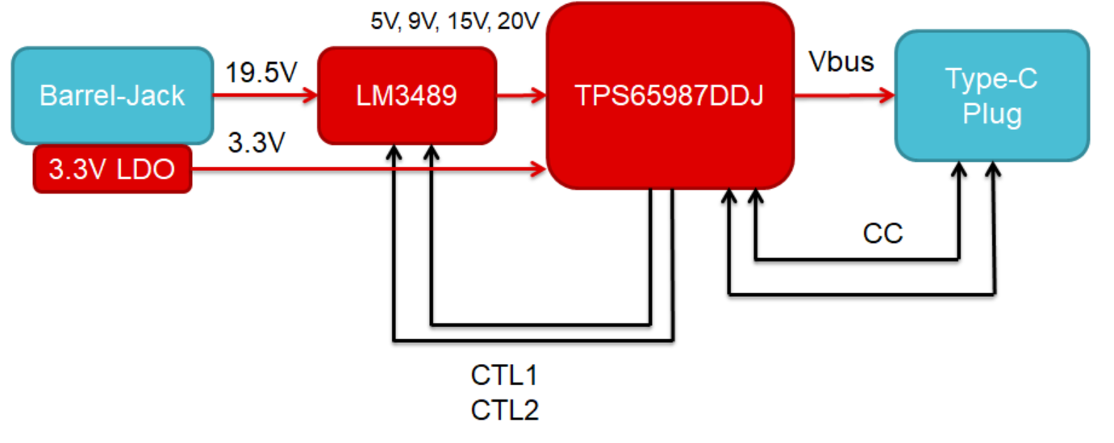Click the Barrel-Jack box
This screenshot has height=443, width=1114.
[x=111, y=95]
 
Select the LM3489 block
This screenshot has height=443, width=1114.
[x=407, y=95]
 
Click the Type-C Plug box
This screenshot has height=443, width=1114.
[x=991, y=95]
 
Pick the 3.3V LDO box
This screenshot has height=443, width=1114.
[x=112, y=169]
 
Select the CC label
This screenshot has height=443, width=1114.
[x=882, y=234]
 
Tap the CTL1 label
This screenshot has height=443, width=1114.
[x=504, y=376]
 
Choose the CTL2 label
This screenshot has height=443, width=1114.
[x=504, y=411]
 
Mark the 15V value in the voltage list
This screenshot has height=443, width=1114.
[x=467, y=21]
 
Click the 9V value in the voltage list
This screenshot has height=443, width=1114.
[x=421, y=21]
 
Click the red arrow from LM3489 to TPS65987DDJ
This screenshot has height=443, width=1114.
[x=520, y=96]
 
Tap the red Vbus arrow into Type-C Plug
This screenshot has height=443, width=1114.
[x=844, y=96]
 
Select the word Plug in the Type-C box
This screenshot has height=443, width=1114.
[x=992, y=113]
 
